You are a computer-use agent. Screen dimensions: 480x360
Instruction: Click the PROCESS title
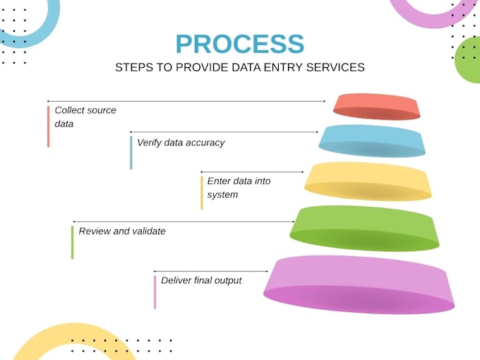point(240,44)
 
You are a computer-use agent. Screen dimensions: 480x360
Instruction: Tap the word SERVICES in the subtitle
point(335,67)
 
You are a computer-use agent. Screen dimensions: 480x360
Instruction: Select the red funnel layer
point(376,107)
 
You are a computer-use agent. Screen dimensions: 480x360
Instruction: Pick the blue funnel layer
point(372,140)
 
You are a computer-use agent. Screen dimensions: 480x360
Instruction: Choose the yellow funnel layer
point(368,181)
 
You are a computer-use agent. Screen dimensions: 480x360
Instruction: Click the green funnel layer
point(364,229)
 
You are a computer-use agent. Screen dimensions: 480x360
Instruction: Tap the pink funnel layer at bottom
point(359,284)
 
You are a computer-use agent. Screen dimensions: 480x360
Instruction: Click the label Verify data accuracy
point(181,143)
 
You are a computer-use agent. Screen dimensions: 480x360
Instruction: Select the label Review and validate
point(122,231)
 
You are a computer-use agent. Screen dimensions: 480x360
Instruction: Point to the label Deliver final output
point(201,280)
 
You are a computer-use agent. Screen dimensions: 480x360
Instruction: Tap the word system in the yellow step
point(222,195)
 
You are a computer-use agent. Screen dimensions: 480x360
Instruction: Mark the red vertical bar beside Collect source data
point(49,126)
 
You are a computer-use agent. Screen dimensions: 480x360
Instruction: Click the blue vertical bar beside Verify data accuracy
point(131,152)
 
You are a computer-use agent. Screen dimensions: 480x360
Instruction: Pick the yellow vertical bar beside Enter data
point(202,193)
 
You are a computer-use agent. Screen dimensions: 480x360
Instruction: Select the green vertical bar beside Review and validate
point(72,242)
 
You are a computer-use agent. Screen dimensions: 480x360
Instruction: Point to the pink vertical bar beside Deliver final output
point(155,292)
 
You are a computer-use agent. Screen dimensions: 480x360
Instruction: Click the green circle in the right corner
point(469,60)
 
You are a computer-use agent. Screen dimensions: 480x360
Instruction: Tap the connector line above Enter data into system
point(252,172)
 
